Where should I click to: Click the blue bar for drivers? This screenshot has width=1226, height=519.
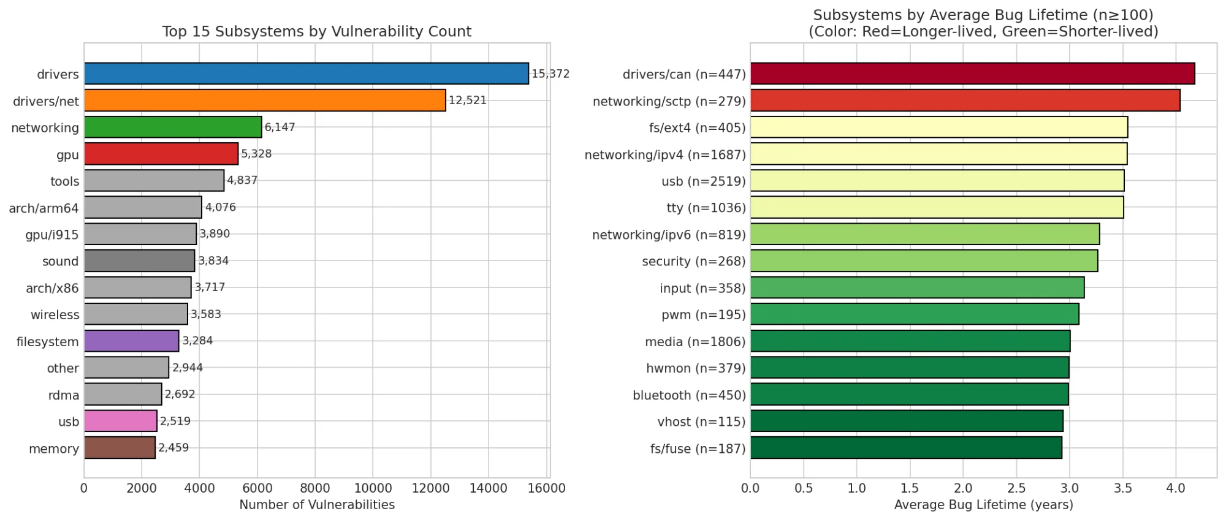click(x=306, y=74)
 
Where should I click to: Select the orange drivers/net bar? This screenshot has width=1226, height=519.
click(x=264, y=100)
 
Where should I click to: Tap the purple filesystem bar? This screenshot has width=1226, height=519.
click(x=131, y=341)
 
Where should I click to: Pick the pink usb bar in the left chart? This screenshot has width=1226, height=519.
click(x=120, y=421)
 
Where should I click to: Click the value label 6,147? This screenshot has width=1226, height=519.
click(x=280, y=127)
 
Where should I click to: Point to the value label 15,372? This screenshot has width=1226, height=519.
click(x=550, y=74)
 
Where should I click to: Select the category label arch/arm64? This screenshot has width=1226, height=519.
click(x=44, y=208)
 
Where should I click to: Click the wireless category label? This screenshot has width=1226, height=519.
click(x=55, y=315)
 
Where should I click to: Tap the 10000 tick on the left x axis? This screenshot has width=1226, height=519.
click(x=373, y=488)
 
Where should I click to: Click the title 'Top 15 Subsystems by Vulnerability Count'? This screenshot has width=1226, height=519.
click(x=316, y=31)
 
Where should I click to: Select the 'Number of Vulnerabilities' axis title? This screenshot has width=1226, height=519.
click(x=316, y=505)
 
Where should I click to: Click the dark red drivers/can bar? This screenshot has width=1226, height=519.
click(x=972, y=74)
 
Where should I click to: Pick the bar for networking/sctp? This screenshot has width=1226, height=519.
click(x=965, y=100)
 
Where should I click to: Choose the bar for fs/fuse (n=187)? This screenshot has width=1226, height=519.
click(x=906, y=448)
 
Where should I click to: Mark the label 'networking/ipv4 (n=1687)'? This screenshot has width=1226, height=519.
click(x=664, y=154)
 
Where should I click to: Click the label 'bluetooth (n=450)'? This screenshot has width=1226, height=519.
click(x=689, y=395)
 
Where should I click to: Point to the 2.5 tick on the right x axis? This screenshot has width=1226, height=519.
click(x=1016, y=488)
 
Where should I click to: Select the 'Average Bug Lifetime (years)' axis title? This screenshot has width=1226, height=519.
click(x=983, y=505)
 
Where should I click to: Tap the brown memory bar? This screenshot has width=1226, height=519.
click(x=120, y=448)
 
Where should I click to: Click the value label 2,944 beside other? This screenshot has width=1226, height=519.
click(x=187, y=368)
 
